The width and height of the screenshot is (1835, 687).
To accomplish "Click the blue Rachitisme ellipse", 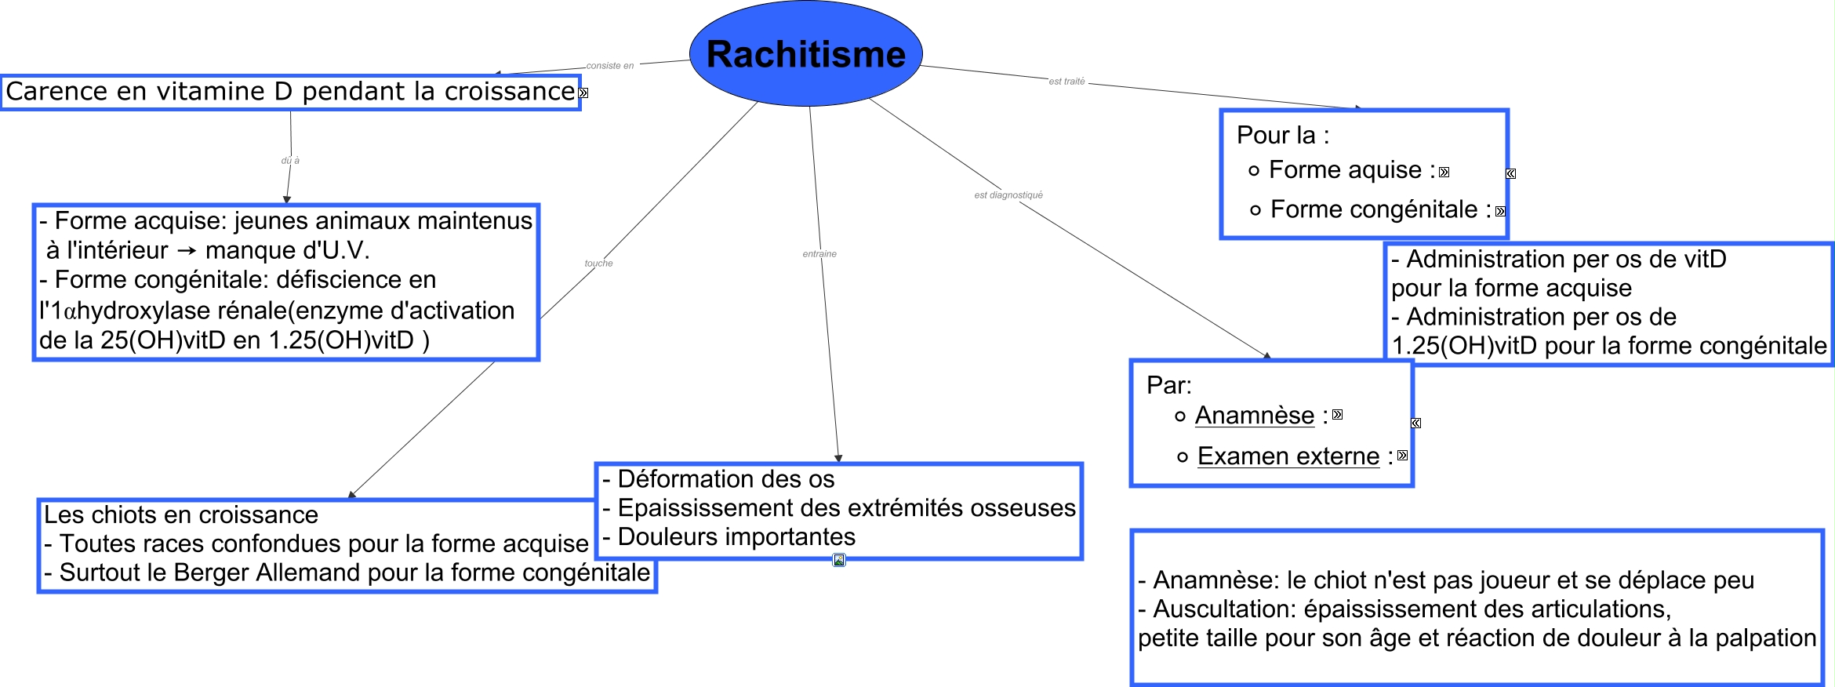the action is click(x=805, y=53).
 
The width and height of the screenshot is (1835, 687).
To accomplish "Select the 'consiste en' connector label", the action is click(x=609, y=66).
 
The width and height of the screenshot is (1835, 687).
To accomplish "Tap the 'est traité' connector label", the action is click(x=1066, y=82).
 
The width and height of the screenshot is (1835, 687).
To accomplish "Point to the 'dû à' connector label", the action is click(x=290, y=161).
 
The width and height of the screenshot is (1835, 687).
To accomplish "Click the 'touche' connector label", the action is click(x=598, y=264).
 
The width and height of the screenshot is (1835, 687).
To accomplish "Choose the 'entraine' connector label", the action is click(x=819, y=254).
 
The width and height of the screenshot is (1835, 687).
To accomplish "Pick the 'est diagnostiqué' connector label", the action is click(x=1008, y=195).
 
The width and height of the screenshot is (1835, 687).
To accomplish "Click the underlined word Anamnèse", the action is click(x=1255, y=416).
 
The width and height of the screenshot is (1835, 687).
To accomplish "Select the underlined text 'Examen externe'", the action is click(x=1288, y=456).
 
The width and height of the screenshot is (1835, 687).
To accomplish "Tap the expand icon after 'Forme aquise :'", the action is click(x=1444, y=173).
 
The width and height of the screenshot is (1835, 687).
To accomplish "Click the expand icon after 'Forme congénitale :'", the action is click(x=1500, y=212).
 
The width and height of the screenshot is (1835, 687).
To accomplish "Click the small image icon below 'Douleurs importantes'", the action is click(x=839, y=560).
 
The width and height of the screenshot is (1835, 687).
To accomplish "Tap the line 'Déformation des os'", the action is click(x=718, y=479).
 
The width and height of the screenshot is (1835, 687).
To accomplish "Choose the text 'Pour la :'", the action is click(x=1283, y=136).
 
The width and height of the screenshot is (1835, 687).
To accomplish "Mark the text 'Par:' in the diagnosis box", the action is click(x=1169, y=386).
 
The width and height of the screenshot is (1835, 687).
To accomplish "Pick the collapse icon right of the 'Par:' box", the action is click(x=1416, y=423).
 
